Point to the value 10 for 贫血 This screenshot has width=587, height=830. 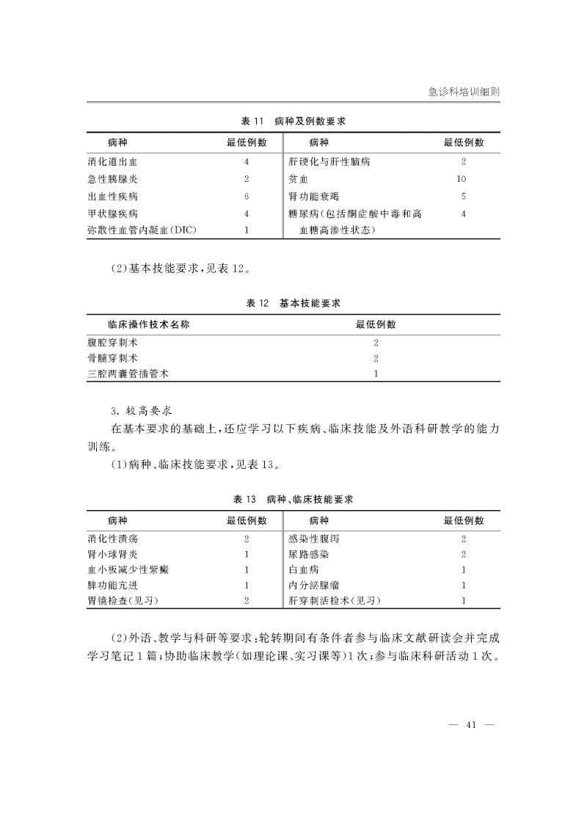tap(462, 179)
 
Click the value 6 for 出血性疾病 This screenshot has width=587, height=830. tap(247, 197)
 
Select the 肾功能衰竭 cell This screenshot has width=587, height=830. tap(314, 197)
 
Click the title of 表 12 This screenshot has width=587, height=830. tap(293, 302)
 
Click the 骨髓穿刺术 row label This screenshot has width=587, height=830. tap(112, 359)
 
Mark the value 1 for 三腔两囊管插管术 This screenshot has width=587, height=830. tap(376, 374)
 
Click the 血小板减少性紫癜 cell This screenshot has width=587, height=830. tap(127, 569)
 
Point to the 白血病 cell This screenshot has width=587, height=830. tap(304, 569)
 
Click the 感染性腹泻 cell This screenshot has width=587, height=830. tap(314, 539)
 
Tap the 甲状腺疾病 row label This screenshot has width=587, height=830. tap(112, 214)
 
